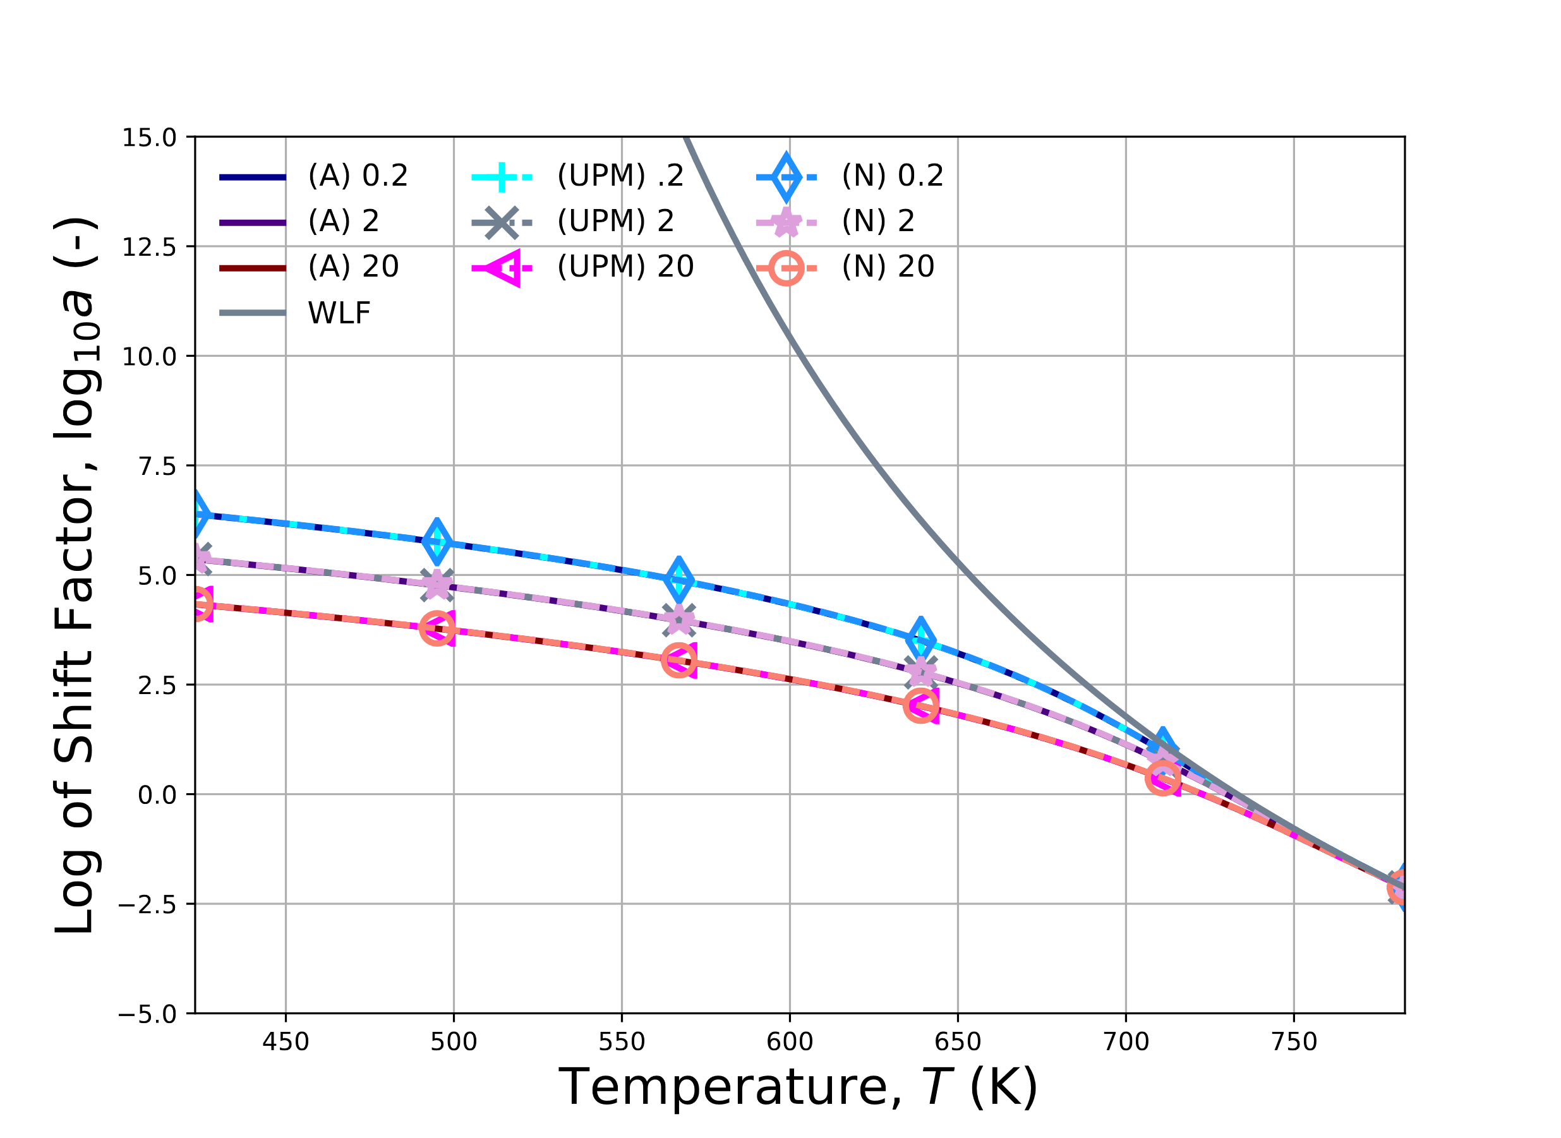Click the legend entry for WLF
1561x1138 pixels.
point(339,313)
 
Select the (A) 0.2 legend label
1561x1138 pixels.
point(358,176)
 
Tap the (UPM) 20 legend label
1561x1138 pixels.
point(625,267)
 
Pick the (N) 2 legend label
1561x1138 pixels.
point(877,221)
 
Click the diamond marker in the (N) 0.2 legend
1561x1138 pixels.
point(786,177)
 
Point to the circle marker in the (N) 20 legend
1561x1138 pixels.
point(786,268)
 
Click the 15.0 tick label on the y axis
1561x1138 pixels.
point(149,138)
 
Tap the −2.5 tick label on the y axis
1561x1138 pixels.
point(147,904)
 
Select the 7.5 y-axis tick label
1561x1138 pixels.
point(157,466)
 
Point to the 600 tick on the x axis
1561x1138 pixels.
point(790,1041)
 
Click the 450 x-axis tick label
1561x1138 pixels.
point(286,1041)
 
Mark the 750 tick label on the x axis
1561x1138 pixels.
point(1294,1041)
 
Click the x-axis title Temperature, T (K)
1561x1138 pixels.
point(798,1087)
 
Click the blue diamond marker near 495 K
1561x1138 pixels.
point(437,541)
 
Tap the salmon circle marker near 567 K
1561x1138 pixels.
point(679,660)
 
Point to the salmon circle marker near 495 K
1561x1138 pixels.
point(437,628)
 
